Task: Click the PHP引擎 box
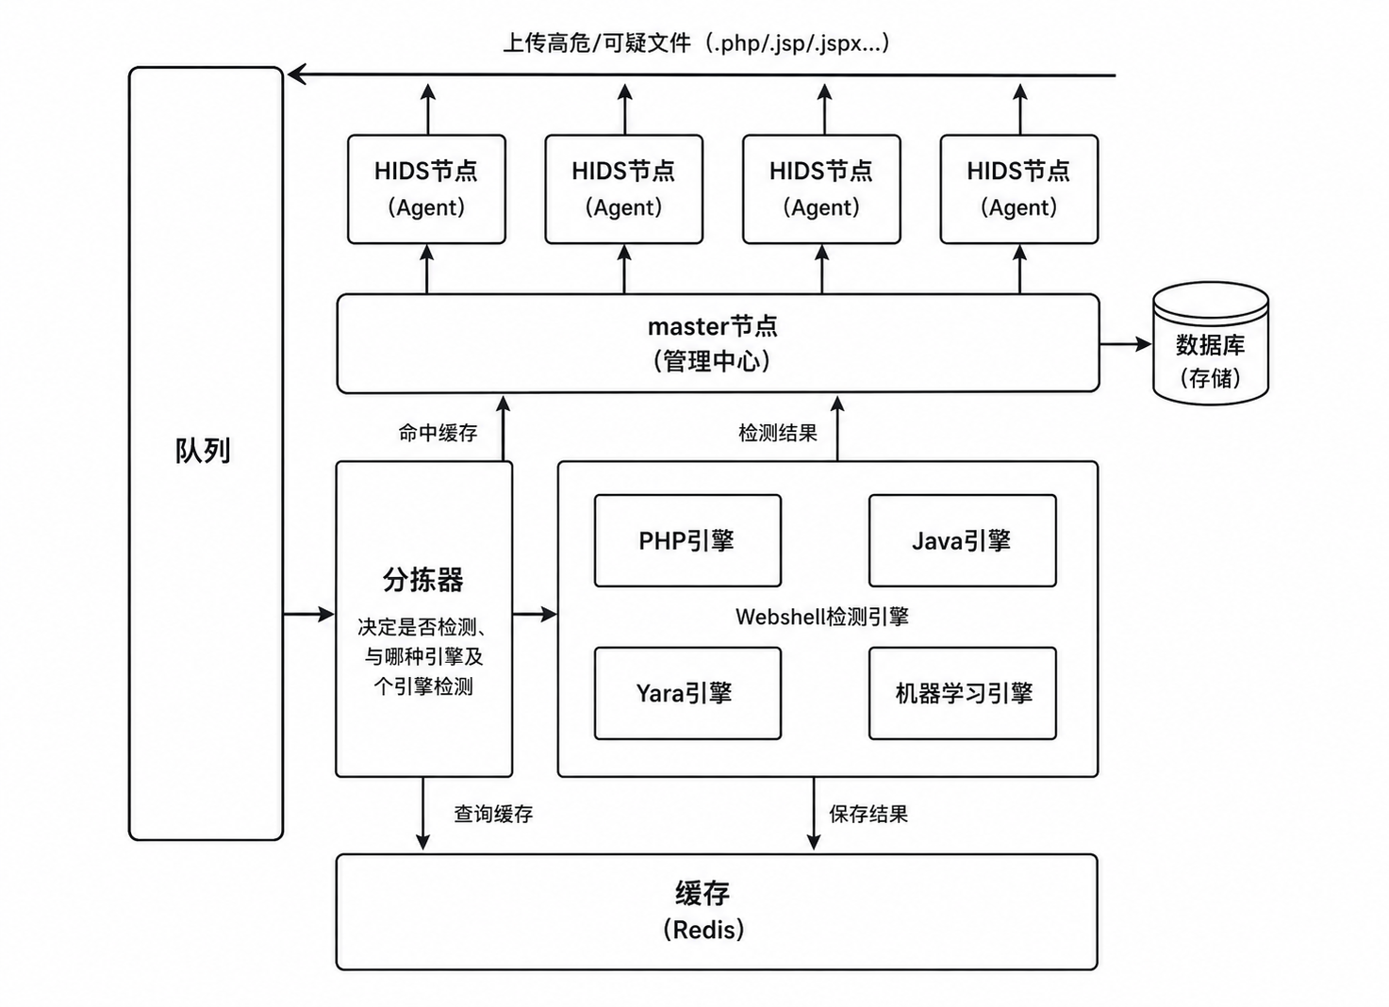click(687, 540)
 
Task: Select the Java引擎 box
click(963, 540)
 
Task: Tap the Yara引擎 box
click(687, 693)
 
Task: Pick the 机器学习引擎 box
click(963, 693)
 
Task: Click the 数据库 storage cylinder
click(1211, 343)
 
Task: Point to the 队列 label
click(203, 451)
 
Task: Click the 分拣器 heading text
click(422, 581)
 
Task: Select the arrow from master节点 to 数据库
click(1126, 343)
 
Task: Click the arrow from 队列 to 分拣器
click(308, 615)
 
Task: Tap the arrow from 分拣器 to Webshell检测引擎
click(535, 615)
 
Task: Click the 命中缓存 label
click(438, 433)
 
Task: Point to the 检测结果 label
click(778, 433)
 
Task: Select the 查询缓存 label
click(493, 814)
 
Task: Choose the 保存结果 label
click(868, 814)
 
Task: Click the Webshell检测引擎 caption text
click(822, 617)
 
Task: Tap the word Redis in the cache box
click(703, 930)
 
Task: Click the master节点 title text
click(713, 326)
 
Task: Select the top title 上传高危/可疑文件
click(596, 43)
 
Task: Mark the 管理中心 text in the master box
click(712, 361)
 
